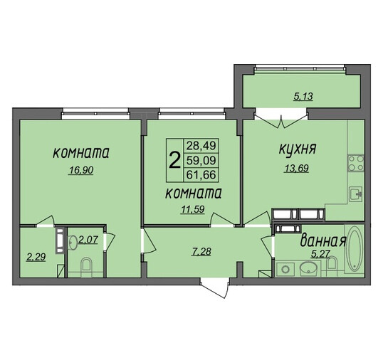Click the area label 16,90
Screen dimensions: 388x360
coord(81,170)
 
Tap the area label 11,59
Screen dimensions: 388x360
coord(192,210)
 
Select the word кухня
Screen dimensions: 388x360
coord(298,149)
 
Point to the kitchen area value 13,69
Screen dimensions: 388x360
coord(296,169)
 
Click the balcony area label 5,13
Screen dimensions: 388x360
coord(303,97)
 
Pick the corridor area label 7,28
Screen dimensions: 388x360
coord(201,252)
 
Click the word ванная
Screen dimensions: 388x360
coord(323,240)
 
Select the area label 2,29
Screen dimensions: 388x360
coord(36,258)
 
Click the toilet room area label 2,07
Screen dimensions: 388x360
coord(88,239)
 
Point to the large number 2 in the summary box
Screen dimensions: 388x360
coord(174,161)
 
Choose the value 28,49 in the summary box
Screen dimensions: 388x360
coord(201,145)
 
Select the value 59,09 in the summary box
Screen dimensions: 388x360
coord(201,160)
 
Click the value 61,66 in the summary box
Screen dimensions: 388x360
coord(201,175)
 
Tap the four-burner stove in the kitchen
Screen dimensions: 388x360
coord(356,163)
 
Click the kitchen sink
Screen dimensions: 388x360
coord(356,195)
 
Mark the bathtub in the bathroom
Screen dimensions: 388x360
coord(354,249)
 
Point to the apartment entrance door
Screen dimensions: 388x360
coord(214,288)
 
